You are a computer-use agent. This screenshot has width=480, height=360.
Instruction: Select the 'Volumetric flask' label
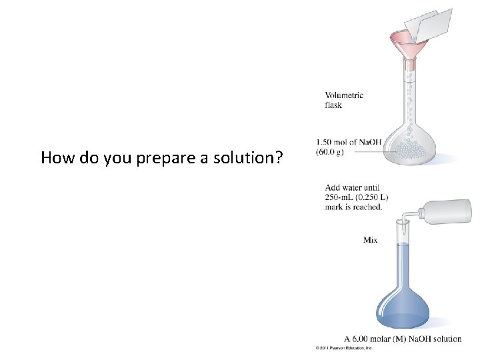(344, 100)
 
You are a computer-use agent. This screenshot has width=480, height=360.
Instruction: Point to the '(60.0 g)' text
(330, 152)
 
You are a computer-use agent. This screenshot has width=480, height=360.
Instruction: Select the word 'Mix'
(370, 240)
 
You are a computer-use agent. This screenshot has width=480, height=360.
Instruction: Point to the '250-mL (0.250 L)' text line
(357, 197)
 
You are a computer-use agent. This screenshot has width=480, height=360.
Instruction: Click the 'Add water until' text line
(352, 187)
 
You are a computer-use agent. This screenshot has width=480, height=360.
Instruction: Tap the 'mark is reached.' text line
(354, 207)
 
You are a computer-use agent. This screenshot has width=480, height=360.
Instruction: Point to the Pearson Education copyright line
(345, 348)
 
